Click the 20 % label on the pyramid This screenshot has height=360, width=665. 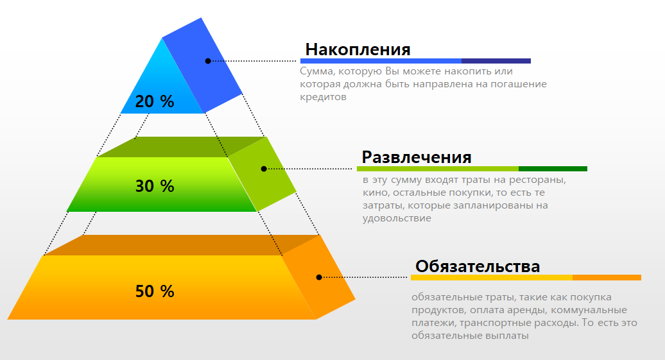(155, 101)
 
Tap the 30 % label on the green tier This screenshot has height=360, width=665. (155, 186)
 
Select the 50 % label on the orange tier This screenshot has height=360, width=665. (155, 291)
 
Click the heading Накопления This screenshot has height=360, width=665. (358, 49)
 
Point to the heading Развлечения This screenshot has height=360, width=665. (417, 157)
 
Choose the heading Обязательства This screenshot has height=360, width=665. (478, 266)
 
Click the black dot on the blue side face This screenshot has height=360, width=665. (208, 61)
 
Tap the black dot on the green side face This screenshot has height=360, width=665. (264, 169)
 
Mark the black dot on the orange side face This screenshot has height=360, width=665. (319, 277)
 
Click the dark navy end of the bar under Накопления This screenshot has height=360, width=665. (496, 61)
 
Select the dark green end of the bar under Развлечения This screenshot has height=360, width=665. (553, 169)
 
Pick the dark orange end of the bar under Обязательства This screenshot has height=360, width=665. (607, 278)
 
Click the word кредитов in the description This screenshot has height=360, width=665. (323, 97)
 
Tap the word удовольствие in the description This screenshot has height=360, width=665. (397, 218)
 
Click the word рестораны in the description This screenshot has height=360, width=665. (540, 180)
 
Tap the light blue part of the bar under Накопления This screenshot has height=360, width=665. (381, 61)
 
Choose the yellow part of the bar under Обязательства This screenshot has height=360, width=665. (491, 278)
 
